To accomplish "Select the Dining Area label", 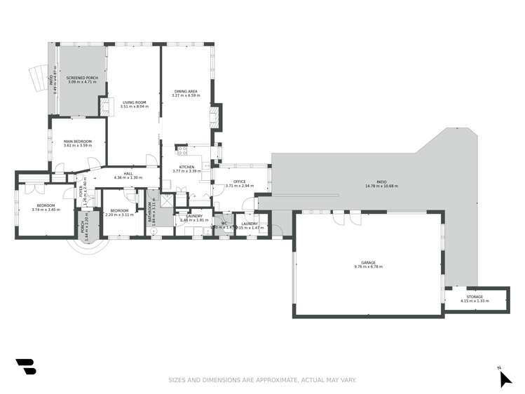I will click(x=186, y=91).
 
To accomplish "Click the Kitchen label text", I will click(x=186, y=167).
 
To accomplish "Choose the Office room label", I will click(x=239, y=182).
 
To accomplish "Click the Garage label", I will click(x=368, y=263).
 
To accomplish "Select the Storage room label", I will click(x=475, y=297).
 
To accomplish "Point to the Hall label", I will click(x=128, y=174).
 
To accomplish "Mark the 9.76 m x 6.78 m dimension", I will click(x=368, y=267).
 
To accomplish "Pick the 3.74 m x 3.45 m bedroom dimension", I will click(x=47, y=210).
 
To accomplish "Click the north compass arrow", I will click(x=505, y=379).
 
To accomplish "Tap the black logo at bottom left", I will click(x=25, y=367).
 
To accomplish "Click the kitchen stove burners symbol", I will click(x=182, y=149).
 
